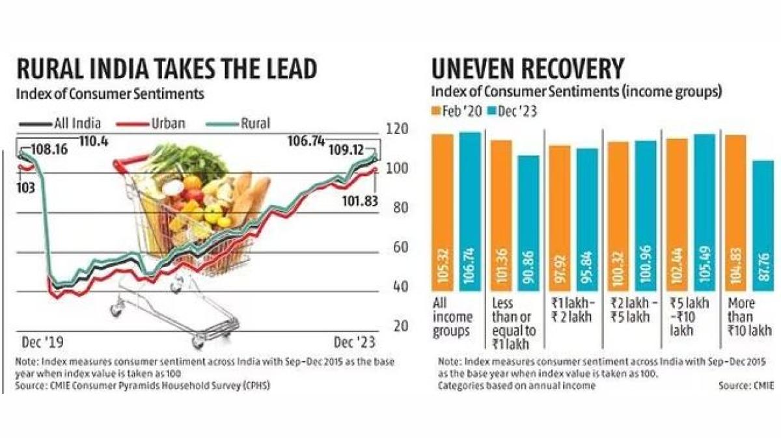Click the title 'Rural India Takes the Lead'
[167, 68]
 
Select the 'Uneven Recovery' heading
[528, 68]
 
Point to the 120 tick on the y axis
[397, 129]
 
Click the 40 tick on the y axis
[397, 287]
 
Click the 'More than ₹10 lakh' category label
[743, 318]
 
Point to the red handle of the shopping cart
[132, 160]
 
